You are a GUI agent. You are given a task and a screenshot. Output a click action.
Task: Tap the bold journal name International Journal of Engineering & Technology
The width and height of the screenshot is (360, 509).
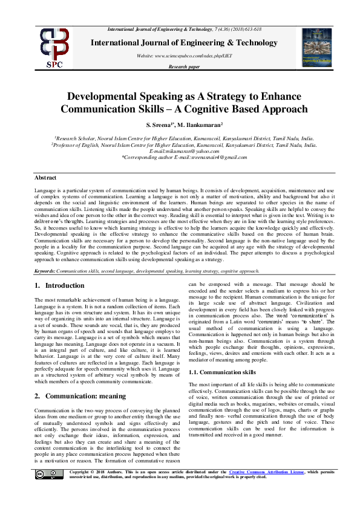point(183,43)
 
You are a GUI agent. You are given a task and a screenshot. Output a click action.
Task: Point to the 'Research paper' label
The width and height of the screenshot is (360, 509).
point(183,67)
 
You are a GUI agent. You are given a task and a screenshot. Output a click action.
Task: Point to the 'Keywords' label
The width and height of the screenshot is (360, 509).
point(46,272)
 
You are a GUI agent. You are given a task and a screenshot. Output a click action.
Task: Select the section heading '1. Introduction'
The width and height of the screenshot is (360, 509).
point(60,285)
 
